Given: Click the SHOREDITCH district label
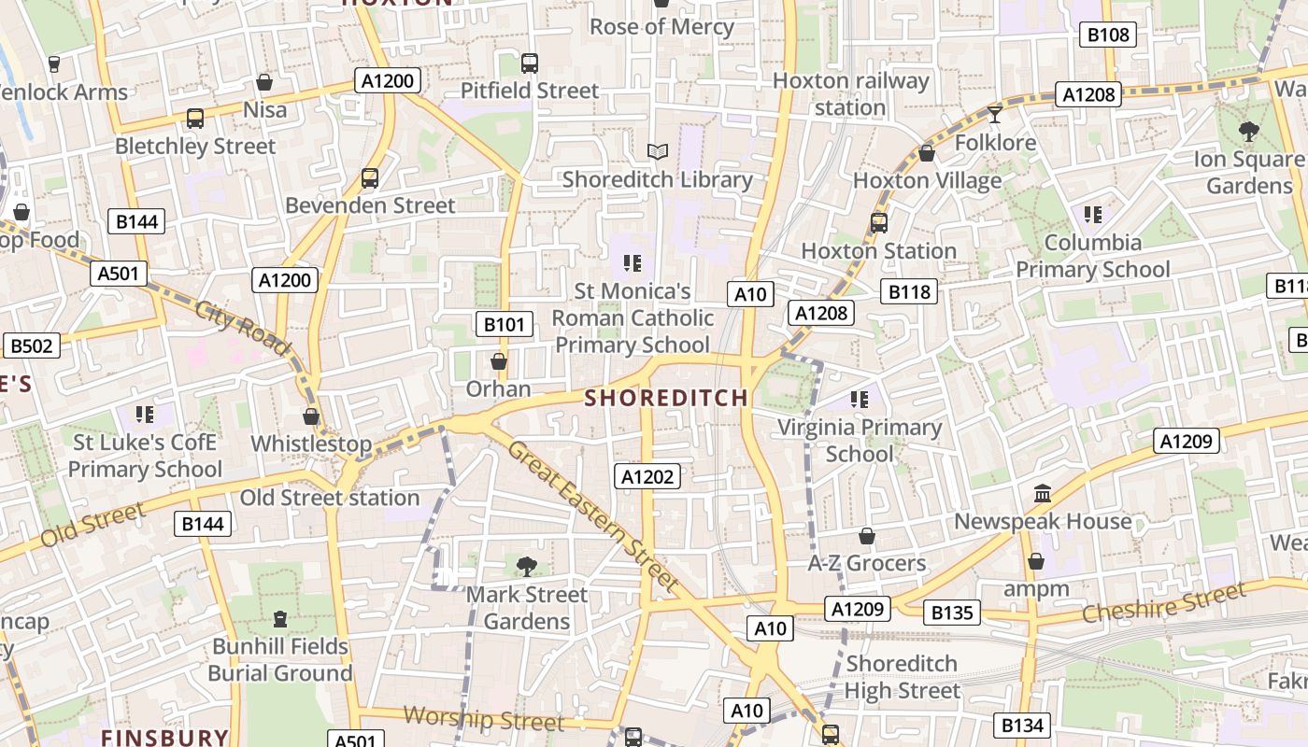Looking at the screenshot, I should (x=666, y=399).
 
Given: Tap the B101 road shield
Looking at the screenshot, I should (x=505, y=325).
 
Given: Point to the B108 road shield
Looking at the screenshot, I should (x=1109, y=35).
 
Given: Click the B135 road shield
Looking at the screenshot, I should (x=953, y=613).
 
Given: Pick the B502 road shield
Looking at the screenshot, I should (x=32, y=345).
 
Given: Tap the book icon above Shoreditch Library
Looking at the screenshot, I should (x=658, y=151).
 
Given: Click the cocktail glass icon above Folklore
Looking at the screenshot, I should (x=995, y=114).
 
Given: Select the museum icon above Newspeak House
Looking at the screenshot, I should (x=1043, y=493).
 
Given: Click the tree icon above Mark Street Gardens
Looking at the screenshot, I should (x=527, y=565).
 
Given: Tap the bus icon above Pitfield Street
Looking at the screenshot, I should (x=530, y=63).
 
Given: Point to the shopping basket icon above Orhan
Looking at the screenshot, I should (x=499, y=360).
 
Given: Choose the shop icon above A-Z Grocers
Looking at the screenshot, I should (x=867, y=536).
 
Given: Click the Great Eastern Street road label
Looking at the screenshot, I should (x=593, y=514).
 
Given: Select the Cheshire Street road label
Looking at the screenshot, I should (x=1163, y=603).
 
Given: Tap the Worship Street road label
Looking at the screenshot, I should (x=484, y=719).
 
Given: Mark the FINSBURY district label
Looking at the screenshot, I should (x=164, y=738).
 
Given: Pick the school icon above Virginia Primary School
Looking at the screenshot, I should (x=860, y=400).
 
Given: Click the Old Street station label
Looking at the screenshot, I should (x=330, y=498).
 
